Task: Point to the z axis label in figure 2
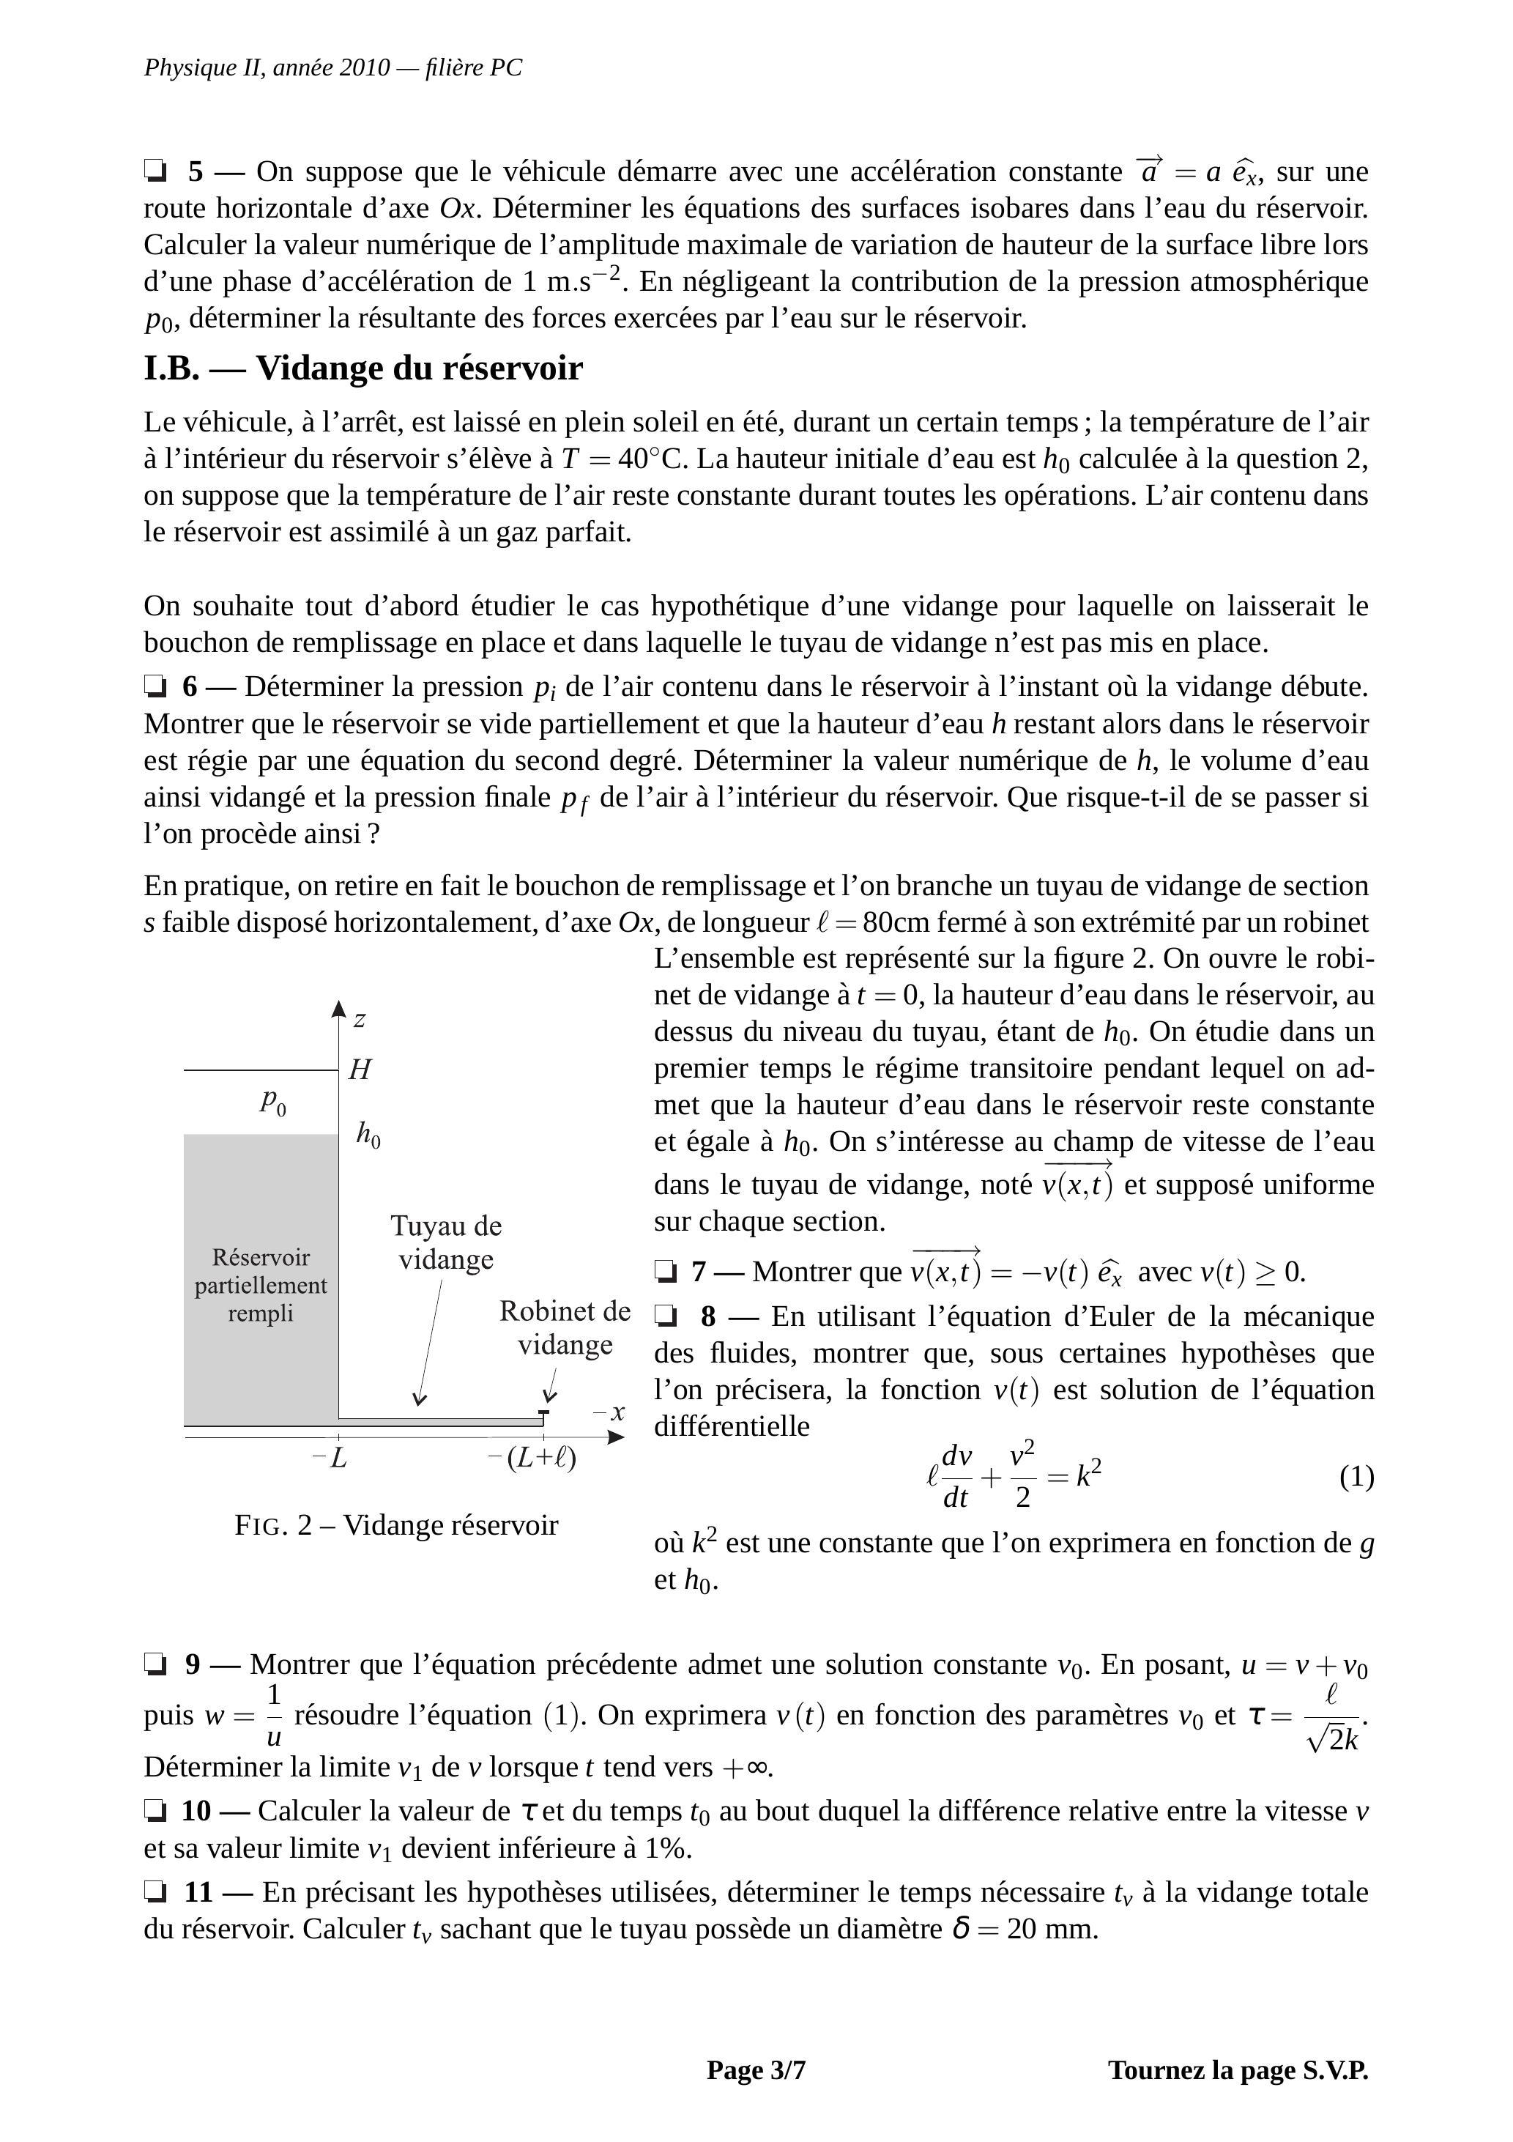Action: click(359, 1019)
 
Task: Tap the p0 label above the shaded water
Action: click(272, 1102)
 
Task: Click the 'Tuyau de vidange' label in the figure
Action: click(446, 1242)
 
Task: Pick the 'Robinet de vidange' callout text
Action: click(565, 1327)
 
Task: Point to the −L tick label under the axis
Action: click(330, 1457)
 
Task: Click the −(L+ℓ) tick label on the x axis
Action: click(532, 1457)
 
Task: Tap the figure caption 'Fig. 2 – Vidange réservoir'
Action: click(396, 1525)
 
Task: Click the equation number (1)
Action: click(1356, 1477)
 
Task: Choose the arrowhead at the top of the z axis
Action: click(338, 1007)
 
